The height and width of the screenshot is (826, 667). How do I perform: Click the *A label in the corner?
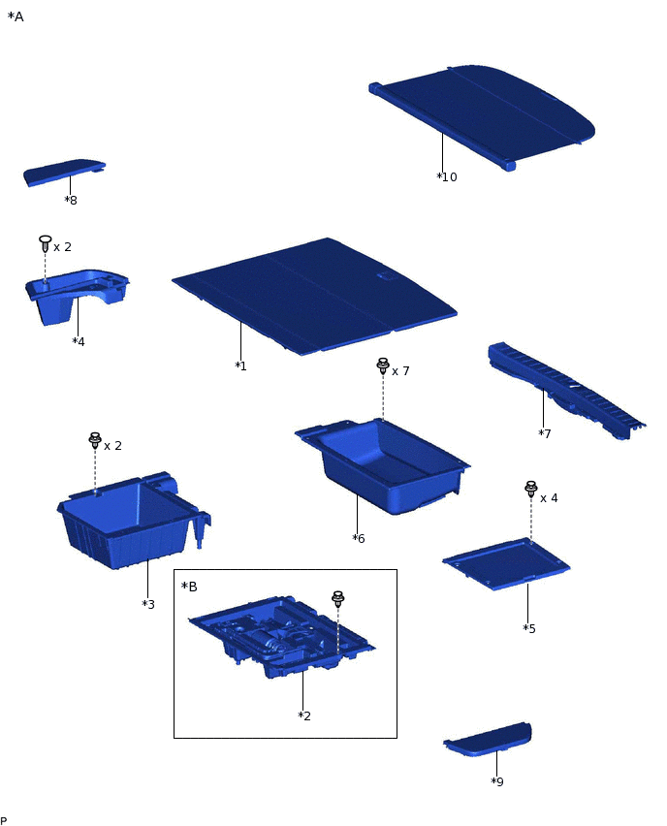[16, 16]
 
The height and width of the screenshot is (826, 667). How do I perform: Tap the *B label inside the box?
[189, 587]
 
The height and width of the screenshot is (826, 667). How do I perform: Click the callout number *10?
[447, 177]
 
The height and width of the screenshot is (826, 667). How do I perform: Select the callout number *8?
[71, 200]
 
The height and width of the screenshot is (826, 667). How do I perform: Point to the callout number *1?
[240, 365]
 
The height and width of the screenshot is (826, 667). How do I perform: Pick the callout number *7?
[545, 433]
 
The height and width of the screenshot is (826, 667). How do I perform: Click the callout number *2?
[304, 715]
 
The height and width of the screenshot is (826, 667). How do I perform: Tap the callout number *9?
[497, 781]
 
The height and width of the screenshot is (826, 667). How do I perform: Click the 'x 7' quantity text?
[400, 371]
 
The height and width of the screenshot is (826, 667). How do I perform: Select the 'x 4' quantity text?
[549, 497]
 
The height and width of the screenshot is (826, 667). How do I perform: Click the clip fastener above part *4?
[46, 243]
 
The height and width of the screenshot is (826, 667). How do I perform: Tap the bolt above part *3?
[95, 440]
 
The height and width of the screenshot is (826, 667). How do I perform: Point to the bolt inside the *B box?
[337, 599]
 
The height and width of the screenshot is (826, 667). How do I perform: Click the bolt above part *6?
[383, 365]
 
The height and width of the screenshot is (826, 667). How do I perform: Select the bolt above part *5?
[531, 490]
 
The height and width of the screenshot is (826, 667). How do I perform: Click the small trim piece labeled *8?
[64, 172]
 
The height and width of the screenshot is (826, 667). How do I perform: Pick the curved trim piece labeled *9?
[489, 740]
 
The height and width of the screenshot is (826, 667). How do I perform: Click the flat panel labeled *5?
[506, 563]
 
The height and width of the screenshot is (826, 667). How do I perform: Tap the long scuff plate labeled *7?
[566, 390]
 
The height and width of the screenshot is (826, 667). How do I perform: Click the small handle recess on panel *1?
[386, 276]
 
